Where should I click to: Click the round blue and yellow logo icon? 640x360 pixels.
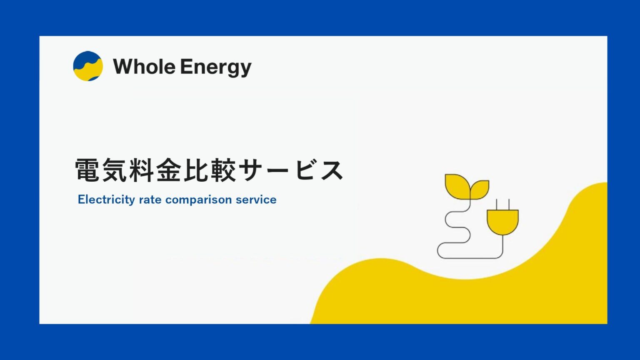click(x=87, y=66)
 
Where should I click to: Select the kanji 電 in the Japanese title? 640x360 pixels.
click(x=87, y=170)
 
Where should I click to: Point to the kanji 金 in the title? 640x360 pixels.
click(x=169, y=170)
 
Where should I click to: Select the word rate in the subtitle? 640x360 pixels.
click(x=150, y=200)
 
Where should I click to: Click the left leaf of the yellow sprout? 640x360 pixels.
click(x=457, y=185)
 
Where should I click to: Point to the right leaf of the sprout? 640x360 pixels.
click(x=480, y=188)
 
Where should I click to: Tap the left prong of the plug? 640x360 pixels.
click(x=497, y=204)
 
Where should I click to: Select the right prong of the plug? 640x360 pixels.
click(x=509, y=204)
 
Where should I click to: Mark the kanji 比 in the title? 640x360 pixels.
click(x=196, y=170)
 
